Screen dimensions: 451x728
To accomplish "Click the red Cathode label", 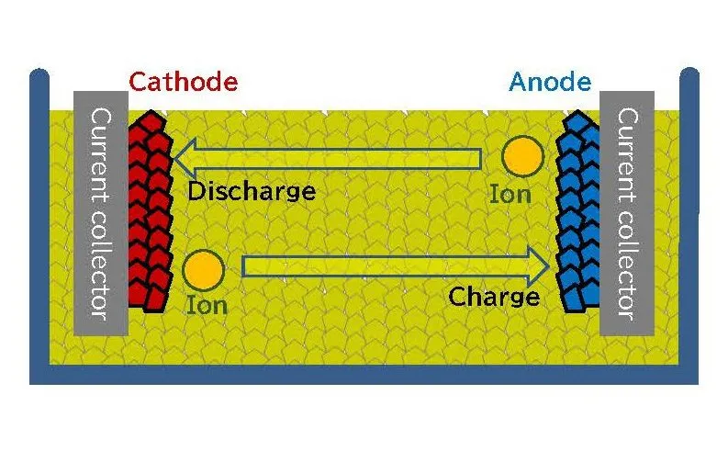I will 183,82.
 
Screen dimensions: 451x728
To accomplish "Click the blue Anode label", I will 550,82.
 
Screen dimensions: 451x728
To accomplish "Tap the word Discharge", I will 251,192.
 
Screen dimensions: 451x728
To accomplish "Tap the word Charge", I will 494,297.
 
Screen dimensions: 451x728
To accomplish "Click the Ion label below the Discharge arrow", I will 207,305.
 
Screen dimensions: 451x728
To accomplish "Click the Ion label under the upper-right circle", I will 510,194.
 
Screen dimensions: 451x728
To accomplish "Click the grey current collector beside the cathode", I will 99,211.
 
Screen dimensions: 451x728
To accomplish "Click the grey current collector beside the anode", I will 627,211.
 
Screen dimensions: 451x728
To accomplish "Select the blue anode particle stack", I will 579,211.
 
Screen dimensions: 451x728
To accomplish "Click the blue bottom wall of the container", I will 364,374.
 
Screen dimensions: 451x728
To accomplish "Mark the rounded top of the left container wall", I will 39,75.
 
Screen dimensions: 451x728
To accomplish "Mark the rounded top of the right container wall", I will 689,75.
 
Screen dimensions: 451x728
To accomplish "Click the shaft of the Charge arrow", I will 386,266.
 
